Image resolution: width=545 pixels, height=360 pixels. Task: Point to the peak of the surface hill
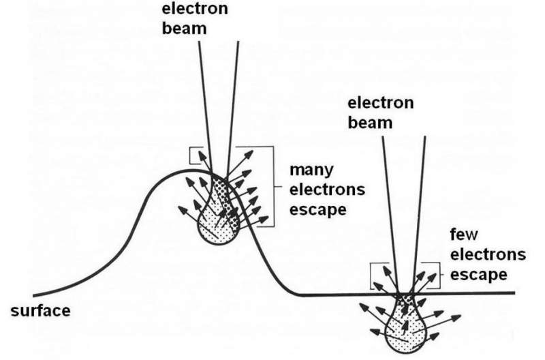point(187,170)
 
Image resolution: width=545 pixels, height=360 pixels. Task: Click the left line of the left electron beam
point(205,102)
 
